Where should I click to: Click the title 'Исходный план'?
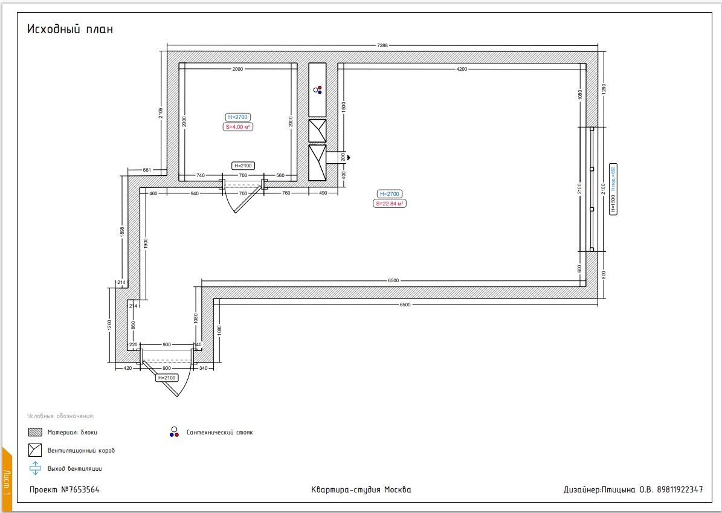pyautogui.click(x=70, y=29)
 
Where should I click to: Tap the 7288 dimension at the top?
pyautogui.click(x=382, y=45)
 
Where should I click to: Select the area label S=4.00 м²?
pyautogui.click(x=238, y=127)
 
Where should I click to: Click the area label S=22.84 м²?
pyautogui.click(x=390, y=204)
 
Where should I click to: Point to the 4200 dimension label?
pyautogui.click(x=462, y=69)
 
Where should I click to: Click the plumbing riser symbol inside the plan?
pyautogui.click(x=318, y=90)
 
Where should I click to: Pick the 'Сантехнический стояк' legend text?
pyautogui.click(x=220, y=433)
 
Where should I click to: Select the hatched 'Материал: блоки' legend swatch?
pyautogui.click(x=36, y=433)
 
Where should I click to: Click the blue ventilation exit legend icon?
pyautogui.click(x=36, y=468)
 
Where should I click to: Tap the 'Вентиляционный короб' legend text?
pyautogui.click(x=81, y=450)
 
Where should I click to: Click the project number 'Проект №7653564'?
pyautogui.click(x=65, y=489)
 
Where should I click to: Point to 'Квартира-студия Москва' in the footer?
pyautogui.click(x=361, y=489)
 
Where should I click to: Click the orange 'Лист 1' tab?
pyautogui.click(x=7, y=479)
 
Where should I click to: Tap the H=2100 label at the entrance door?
pyautogui.click(x=167, y=378)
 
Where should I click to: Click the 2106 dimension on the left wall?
pyautogui.click(x=160, y=113)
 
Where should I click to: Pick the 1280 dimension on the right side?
pyautogui.click(x=604, y=89)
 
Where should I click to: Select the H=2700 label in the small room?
pyautogui.click(x=238, y=117)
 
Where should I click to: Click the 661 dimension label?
pyautogui.click(x=147, y=170)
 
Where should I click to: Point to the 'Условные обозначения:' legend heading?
pyautogui.click(x=61, y=416)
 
